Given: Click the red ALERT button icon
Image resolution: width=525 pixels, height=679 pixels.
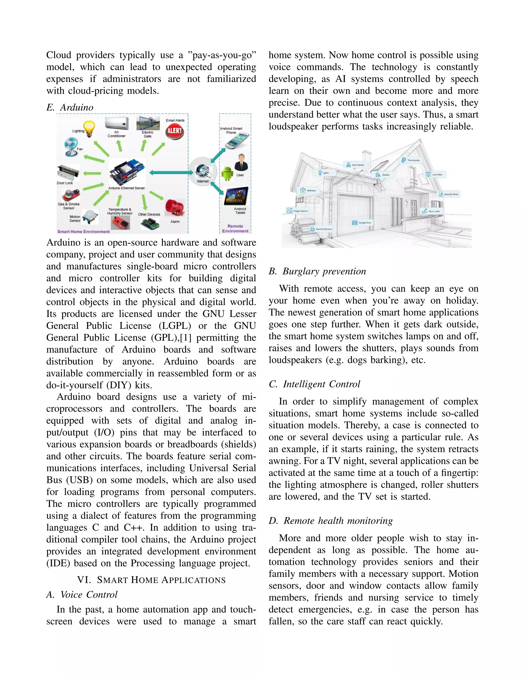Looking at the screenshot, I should coord(175,131).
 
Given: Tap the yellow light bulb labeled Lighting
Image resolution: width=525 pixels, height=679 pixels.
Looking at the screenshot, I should coord(89,129).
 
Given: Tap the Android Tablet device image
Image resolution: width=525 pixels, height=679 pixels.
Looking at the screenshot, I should coord(236,196).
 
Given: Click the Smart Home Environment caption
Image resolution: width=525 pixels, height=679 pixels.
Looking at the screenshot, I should coord(83,232).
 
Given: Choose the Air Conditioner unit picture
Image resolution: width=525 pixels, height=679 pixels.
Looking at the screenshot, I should coord(117,124).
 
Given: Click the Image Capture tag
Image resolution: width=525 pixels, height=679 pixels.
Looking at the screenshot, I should coord(298,211).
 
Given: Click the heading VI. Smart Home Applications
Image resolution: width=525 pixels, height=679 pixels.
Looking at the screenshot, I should coord(151,580).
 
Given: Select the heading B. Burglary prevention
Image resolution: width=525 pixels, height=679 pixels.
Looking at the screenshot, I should coord(317,271).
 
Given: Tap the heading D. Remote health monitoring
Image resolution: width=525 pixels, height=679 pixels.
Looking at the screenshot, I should coord(331,521).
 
